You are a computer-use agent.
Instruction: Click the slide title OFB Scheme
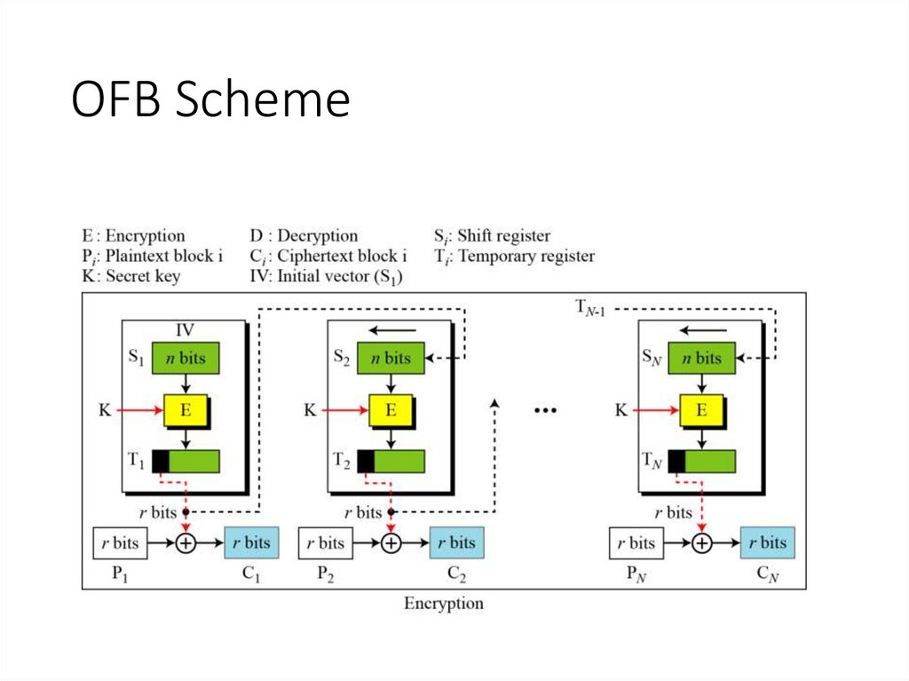[210, 100]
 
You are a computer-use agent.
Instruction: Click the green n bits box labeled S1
[186, 358]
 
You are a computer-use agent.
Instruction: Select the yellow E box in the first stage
[186, 410]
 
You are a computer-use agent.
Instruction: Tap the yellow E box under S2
[391, 410]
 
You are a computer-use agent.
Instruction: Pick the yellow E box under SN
[701, 410]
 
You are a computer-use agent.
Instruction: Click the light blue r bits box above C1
[252, 542]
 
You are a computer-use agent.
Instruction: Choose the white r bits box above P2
[325, 542]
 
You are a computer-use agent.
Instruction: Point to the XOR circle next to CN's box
[702, 542]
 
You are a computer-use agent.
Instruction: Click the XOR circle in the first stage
[186, 542]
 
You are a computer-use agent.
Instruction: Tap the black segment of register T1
[161, 462]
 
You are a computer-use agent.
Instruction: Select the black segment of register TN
[676, 462]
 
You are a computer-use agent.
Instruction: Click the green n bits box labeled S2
[391, 358]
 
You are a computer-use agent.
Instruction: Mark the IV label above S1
[185, 330]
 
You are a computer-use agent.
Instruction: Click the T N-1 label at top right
[589, 309]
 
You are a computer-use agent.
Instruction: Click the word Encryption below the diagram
[444, 604]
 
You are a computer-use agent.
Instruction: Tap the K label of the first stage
[105, 410]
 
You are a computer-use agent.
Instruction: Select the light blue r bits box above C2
[457, 542]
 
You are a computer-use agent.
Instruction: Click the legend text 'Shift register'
[503, 236]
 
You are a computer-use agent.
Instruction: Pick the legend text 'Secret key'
[143, 276]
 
